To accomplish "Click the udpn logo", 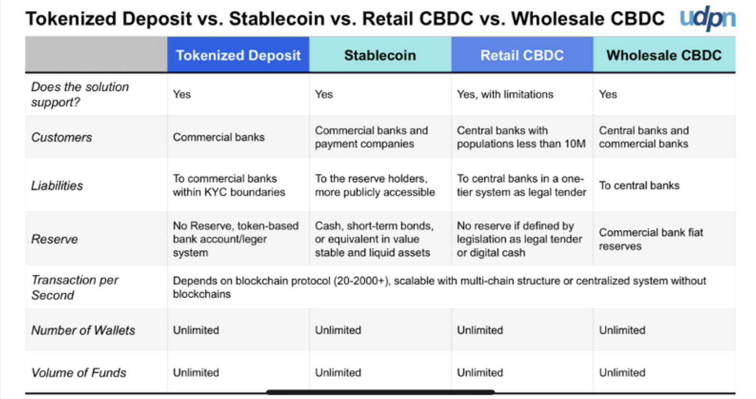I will coord(707,18).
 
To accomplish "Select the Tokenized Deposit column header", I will coord(238,55).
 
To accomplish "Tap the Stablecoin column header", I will coord(380,55).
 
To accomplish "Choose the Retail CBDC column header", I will coord(522,55).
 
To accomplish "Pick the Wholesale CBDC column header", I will coord(664,55).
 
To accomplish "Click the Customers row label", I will coord(61,137).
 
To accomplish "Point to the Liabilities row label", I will coord(57,185).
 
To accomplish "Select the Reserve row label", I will coord(54,239).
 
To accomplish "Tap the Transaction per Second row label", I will coord(75,287).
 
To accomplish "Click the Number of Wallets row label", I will coord(83,330).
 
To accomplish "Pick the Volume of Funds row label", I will coord(79,372).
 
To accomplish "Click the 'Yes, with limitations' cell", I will coord(505,94).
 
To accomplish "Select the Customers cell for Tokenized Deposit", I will coord(219,137).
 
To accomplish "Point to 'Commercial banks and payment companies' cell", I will coord(371,137).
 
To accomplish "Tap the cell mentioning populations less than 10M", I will coord(521,137).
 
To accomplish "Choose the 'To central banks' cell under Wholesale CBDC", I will coord(639,185).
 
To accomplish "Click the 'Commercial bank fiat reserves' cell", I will coord(651,239).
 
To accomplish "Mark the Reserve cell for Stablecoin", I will coord(374,239).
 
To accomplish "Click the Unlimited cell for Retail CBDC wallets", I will coord(480,330).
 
